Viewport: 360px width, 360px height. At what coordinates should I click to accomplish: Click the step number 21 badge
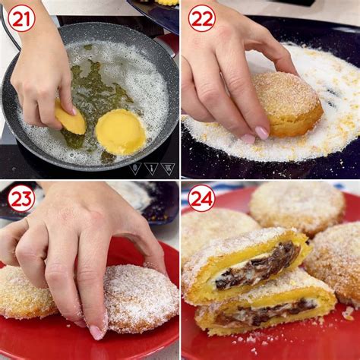21,20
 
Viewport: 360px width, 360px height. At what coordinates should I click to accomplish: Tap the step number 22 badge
201,18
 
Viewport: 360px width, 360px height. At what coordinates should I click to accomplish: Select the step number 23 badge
21,198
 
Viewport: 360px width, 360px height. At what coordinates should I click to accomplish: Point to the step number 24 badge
201,198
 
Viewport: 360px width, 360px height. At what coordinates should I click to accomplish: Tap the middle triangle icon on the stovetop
152,169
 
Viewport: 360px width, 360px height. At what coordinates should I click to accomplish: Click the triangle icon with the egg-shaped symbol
136,169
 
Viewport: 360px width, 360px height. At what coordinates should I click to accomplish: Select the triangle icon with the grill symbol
168,169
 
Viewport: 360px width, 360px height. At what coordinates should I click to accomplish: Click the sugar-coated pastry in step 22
289,104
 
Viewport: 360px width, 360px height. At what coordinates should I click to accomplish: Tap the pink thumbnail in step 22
248,138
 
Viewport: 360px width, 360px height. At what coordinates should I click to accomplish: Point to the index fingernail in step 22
262,133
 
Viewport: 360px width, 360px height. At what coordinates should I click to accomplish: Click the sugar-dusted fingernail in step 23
96,332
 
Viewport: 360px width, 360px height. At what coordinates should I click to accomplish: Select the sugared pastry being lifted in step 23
141,298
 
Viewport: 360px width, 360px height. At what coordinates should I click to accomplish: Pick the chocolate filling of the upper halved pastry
258,268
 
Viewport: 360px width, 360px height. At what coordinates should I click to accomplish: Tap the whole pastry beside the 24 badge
298,207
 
